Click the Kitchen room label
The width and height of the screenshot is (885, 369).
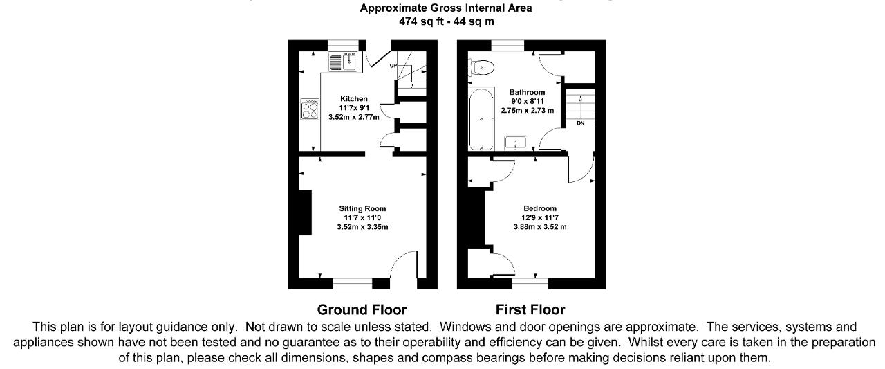click(353, 98)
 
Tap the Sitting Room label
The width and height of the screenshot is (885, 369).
click(362, 208)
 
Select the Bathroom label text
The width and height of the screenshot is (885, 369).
click(527, 92)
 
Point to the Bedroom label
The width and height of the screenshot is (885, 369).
click(540, 208)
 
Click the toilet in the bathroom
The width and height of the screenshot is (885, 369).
click(481, 68)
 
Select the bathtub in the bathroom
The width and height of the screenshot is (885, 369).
click(481, 119)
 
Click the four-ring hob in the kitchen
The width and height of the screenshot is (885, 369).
click(309, 109)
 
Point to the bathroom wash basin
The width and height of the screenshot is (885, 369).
click(515, 143)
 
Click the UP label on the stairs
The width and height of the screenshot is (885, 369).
click(393, 66)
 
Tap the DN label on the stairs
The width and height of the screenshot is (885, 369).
click(580, 123)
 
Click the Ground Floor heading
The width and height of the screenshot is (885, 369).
click(362, 309)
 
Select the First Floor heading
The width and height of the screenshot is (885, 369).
click(530, 309)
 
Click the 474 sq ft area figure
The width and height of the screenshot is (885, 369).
click(421, 21)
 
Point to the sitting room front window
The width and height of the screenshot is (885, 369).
click(353, 284)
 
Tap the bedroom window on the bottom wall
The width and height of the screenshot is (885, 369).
click(530, 284)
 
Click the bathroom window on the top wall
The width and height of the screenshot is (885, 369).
click(507, 46)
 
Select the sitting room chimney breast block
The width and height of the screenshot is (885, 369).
click(305, 213)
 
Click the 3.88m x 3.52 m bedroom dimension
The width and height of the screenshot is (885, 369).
click(540, 227)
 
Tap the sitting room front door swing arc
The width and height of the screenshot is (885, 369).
click(399, 258)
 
